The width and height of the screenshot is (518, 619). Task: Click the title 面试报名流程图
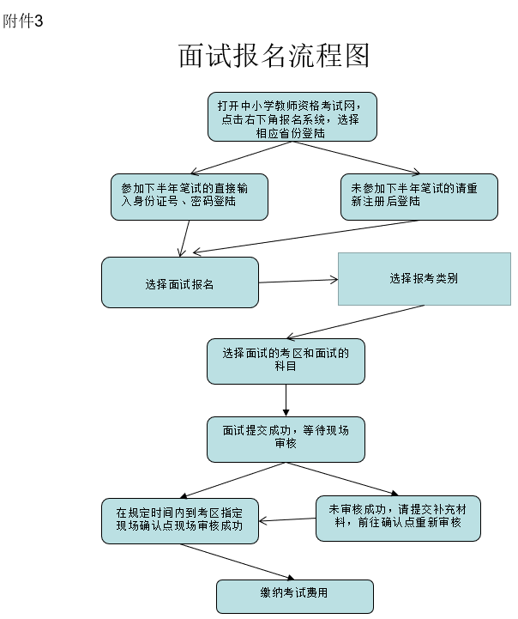(274, 56)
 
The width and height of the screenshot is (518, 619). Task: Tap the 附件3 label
(22, 21)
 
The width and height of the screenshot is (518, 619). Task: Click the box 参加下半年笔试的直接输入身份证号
(190, 196)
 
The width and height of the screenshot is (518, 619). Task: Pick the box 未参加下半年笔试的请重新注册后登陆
(419, 196)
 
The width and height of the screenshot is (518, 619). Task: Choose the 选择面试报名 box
(179, 282)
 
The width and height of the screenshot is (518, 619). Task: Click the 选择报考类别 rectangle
(425, 278)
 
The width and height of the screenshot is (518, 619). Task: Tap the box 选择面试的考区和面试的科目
(286, 361)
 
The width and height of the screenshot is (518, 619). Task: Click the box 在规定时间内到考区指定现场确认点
(179, 519)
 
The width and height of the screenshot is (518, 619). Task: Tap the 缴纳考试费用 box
(294, 596)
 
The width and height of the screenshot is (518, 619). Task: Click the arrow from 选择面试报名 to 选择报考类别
(298, 281)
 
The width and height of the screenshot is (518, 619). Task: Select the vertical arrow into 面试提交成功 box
(286, 400)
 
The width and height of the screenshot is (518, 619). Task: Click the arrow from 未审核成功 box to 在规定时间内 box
(288, 519)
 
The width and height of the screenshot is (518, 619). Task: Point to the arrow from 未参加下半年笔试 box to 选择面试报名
(300, 237)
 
